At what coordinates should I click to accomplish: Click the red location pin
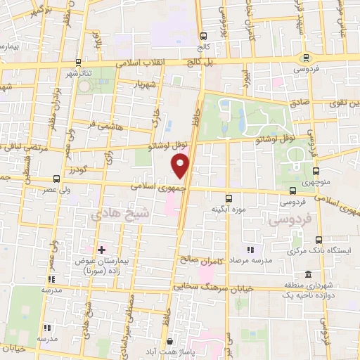[x=181, y=165]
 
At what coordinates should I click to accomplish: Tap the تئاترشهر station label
[x=79, y=73]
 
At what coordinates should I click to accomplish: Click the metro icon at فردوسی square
[x=304, y=58]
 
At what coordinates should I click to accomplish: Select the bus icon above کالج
[x=204, y=35]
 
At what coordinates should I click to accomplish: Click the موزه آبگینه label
[x=227, y=209]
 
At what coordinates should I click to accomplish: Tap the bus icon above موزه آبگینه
[x=228, y=198]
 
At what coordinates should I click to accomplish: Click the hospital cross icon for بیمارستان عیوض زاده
[x=102, y=250]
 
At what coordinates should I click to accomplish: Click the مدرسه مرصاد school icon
[x=250, y=250]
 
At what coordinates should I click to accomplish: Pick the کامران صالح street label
[x=200, y=260]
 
